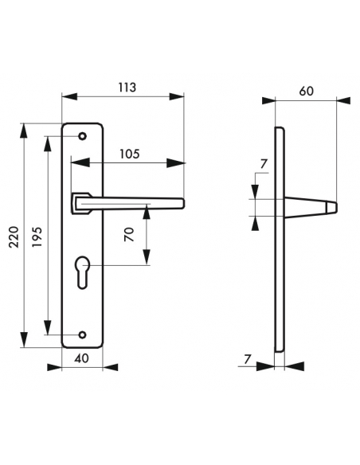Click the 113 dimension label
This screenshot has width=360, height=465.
click(127, 88)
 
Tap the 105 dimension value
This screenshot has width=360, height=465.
click(130, 154)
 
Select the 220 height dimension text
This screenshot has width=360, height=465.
click(14, 237)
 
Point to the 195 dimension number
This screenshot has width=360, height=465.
click(37, 237)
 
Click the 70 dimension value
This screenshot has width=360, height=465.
click(129, 234)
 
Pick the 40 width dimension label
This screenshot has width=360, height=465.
click(81, 358)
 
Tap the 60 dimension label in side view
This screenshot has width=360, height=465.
click(306, 91)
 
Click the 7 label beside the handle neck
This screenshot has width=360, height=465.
click(264, 164)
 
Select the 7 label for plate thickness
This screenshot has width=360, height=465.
click(248, 359)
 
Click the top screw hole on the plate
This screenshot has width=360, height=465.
click(83, 136)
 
